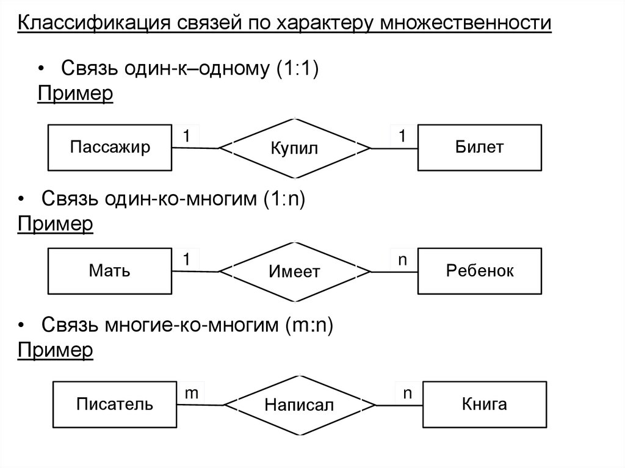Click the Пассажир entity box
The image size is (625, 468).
click(x=109, y=148)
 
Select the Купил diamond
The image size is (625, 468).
click(x=295, y=148)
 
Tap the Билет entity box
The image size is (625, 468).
click(x=479, y=148)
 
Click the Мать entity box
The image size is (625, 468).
click(x=109, y=270)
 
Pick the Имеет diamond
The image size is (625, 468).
click(x=295, y=271)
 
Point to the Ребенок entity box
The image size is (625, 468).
click(x=479, y=270)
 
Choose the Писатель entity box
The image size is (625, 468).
click(x=114, y=404)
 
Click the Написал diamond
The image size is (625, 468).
click(x=299, y=405)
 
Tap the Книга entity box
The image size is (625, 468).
click(x=484, y=404)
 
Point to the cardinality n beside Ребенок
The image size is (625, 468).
click(x=402, y=260)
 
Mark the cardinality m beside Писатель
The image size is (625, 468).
click(x=191, y=394)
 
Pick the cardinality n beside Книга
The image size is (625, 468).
click(x=407, y=394)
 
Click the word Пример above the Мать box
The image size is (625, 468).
click(x=56, y=224)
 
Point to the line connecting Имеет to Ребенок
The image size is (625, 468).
click(x=394, y=270)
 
